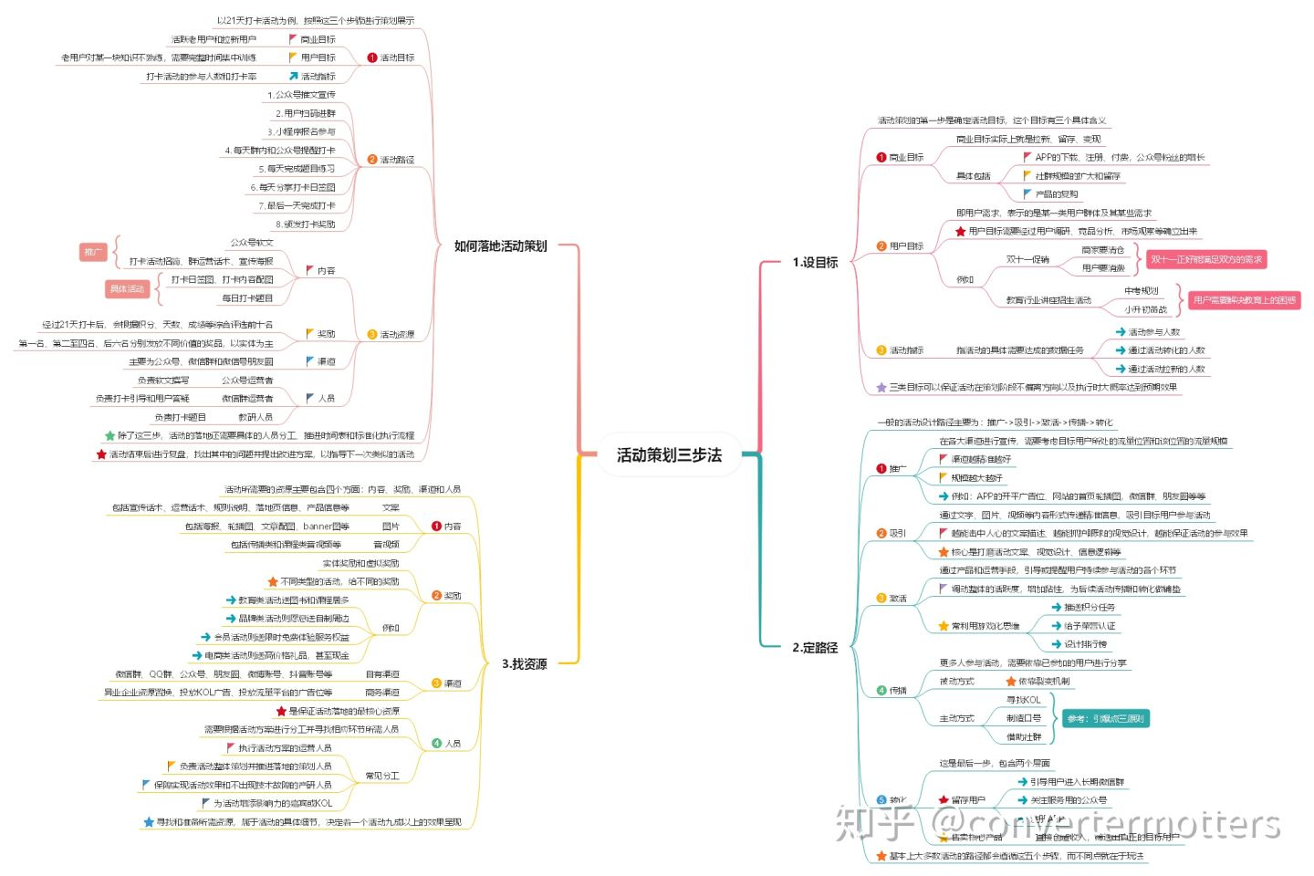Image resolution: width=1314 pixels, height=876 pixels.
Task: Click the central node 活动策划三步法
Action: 669,454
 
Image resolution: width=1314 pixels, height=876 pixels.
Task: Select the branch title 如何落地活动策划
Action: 500,245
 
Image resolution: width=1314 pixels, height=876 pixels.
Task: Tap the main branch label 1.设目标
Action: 814,262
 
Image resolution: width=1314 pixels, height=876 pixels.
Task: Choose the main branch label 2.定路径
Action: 814,647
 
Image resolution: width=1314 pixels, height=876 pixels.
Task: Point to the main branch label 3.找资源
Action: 524,663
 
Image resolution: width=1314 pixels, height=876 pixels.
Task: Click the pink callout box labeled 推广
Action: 93,252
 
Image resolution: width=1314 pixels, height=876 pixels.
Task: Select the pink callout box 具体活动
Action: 127,289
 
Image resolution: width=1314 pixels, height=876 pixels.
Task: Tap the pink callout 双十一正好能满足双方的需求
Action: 1206,260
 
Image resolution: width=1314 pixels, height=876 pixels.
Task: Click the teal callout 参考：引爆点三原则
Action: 1105,719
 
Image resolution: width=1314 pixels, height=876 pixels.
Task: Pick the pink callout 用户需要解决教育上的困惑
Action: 1245,300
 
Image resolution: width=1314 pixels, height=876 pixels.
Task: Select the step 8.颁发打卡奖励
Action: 306,224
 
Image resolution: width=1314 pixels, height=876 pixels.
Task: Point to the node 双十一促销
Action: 1027,259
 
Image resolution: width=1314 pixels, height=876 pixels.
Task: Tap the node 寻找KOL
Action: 1023,700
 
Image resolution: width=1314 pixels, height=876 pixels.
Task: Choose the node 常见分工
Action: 382,776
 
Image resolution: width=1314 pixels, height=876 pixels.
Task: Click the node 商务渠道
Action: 382,693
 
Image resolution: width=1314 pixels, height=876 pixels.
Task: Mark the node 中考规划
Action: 1141,291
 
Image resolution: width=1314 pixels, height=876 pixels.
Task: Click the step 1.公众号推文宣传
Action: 301,95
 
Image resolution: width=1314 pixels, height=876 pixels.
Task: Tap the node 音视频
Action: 386,545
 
